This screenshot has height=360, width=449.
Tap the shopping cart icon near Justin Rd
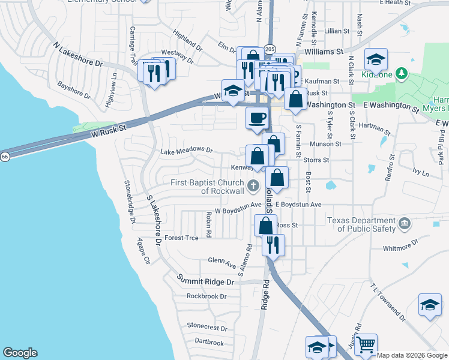pyautogui.click(x=366, y=344)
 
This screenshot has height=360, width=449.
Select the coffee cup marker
pyautogui.click(x=258, y=118)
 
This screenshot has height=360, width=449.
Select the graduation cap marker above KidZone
pyautogui.click(x=376, y=59)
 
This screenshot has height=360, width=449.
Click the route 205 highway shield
pyautogui.click(x=270, y=49)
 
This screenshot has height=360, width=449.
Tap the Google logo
pyautogui.click(x=20, y=353)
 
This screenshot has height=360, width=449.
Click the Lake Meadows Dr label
pyautogui.click(x=187, y=150)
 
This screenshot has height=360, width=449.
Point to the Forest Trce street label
pyautogui.click(x=181, y=238)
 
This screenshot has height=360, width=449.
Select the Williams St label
pyautogui.click(x=323, y=52)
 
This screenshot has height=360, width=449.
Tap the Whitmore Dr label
pyautogui.click(x=410, y=246)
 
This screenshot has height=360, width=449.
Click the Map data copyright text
pyautogui.click(x=411, y=355)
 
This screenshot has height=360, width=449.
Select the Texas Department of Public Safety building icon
pyautogui.click(x=405, y=224)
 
